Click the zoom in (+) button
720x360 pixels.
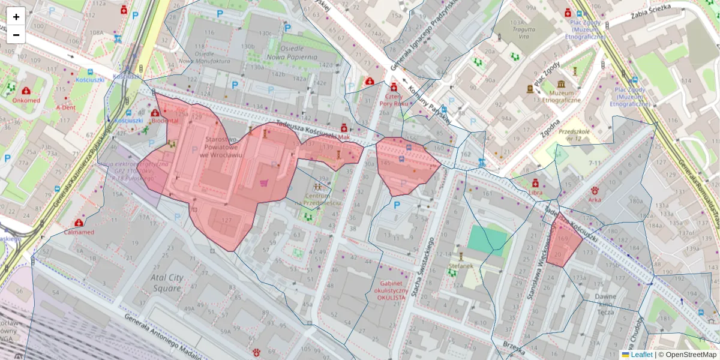pos(16,17)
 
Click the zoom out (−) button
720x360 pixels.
pos(16,35)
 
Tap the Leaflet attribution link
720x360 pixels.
pos(641,355)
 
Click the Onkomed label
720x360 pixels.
pos(26,100)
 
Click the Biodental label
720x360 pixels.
pos(165,121)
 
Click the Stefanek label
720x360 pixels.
pos(460,265)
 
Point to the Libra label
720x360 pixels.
pos(535,193)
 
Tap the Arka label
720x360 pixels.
pos(595,199)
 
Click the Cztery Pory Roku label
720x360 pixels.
pos(393,99)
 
